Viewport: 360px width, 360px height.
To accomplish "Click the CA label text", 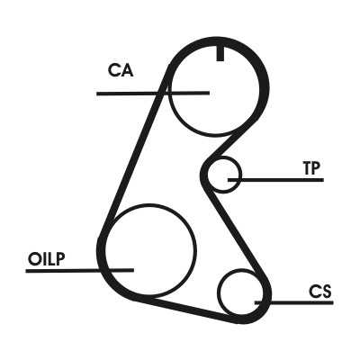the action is (x=121, y=70).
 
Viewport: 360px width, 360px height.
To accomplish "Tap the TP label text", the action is (x=311, y=168).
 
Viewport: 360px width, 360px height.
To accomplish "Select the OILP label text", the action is (x=46, y=259).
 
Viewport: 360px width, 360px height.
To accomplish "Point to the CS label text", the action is (x=320, y=292).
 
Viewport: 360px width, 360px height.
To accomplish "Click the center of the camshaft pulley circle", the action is (x=213, y=91).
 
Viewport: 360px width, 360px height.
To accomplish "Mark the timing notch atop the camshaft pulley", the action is (x=220, y=53).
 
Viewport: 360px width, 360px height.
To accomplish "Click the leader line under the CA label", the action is (x=153, y=94).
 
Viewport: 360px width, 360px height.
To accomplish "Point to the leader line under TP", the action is (x=275, y=180).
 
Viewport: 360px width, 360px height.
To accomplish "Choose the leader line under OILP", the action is (x=80, y=271).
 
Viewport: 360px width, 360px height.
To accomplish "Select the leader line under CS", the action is (x=294, y=302).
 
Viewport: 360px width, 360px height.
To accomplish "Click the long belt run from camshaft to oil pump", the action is (x=135, y=156).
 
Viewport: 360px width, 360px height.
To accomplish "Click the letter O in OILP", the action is (x=33, y=259).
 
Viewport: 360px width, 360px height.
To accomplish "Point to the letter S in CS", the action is (x=326, y=292).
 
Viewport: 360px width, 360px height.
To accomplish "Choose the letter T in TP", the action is (x=307, y=168).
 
